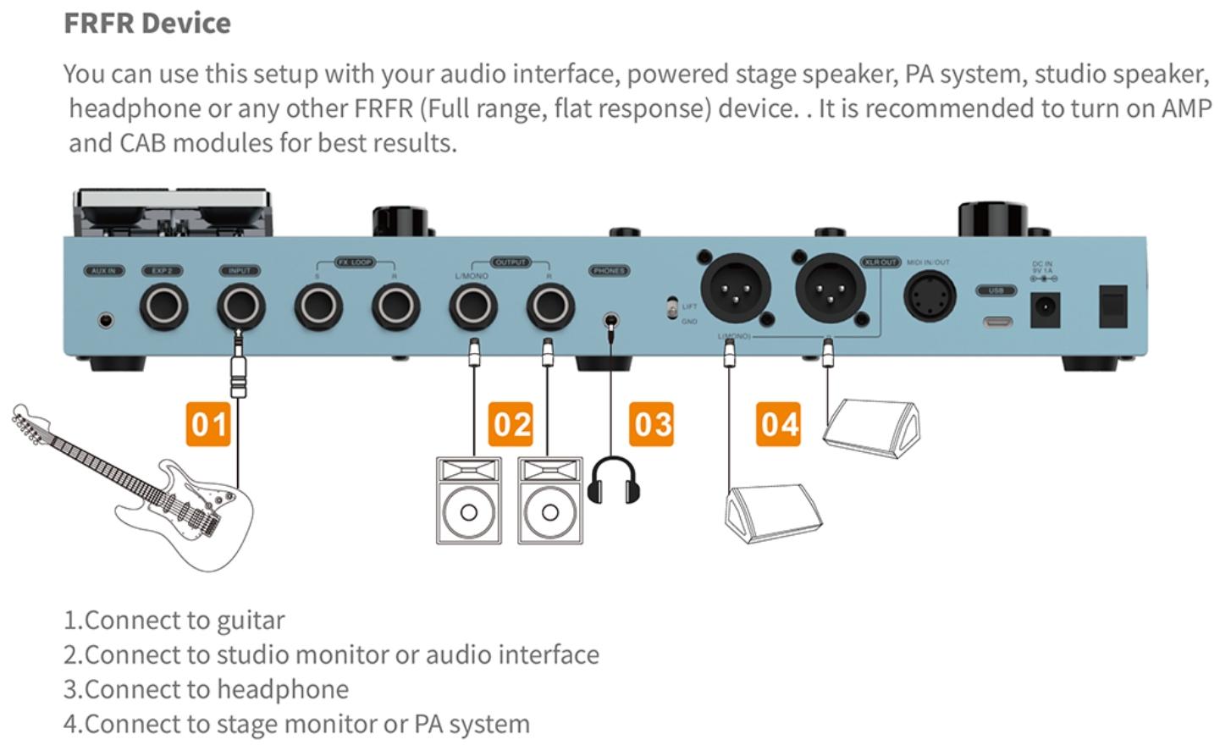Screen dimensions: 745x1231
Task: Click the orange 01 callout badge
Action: coord(208,424)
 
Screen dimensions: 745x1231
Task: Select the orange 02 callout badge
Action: coord(511,424)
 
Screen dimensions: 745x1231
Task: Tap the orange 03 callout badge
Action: coord(652,424)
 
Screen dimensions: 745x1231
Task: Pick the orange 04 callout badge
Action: coord(779,424)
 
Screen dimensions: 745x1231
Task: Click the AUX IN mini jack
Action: coord(106,321)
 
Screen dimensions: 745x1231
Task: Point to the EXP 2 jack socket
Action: coord(163,306)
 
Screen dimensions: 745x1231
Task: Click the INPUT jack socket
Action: coord(240,306)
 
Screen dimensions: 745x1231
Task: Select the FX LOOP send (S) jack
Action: coord(318,306)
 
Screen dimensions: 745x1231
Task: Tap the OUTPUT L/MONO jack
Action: coord(472,306)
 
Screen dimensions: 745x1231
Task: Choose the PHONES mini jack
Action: coord(610,321)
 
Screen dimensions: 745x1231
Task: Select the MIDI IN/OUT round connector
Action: coord(930,297)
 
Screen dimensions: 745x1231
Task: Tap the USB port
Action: coord(996,322)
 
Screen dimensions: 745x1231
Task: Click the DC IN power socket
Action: coord(1045,309)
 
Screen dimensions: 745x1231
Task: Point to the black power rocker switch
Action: coord(1112,306)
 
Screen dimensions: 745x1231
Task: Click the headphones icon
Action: coord(614,480)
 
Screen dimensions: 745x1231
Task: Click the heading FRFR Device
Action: coord(147,23)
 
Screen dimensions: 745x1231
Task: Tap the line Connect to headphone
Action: coord(207,689)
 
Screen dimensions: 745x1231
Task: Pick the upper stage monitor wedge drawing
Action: coord(872,428)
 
